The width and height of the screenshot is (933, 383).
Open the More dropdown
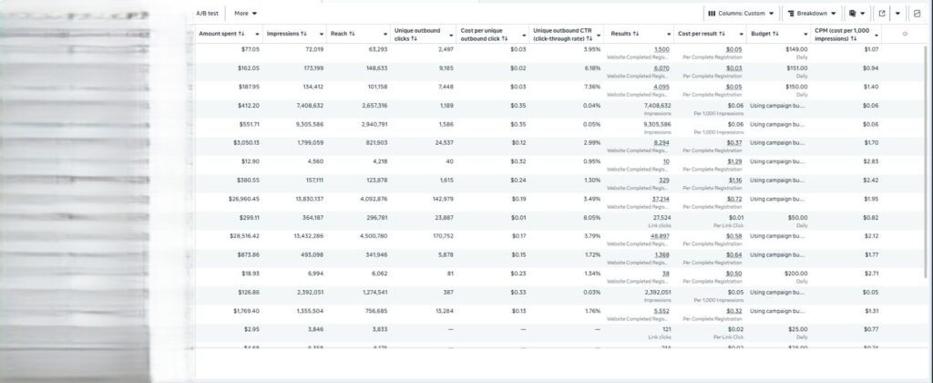(x=245, y=14)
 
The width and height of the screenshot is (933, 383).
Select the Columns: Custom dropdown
(x=741, y=14)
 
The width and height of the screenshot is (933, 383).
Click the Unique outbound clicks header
(x=415, y=34)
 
